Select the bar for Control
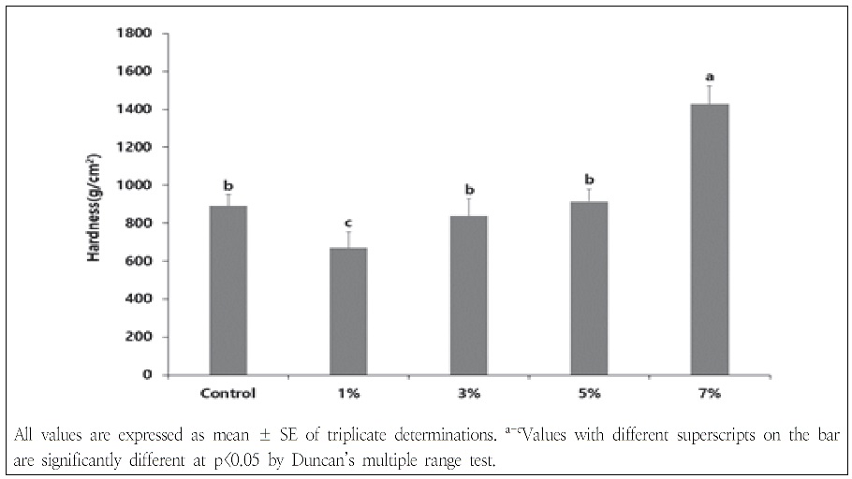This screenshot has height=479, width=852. click(x=228, y=290)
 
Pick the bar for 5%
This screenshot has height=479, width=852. click(x=589, y=288)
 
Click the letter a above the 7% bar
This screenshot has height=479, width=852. click(x=710, y=76)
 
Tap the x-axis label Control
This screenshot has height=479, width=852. click(x=228, y=393)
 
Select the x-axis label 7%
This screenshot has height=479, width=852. click(x=709, y=393)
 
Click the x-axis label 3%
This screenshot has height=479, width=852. click(x=469, y=393)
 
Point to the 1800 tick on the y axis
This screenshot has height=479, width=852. click(x=138, y=33)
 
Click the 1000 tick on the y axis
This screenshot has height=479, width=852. click(x=138, y=185)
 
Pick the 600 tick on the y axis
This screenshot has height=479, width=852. click(x=141, y=261)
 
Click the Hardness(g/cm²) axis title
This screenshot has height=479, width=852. click(x=95, y=204)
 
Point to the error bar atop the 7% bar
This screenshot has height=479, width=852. click(x=709, y=94)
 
